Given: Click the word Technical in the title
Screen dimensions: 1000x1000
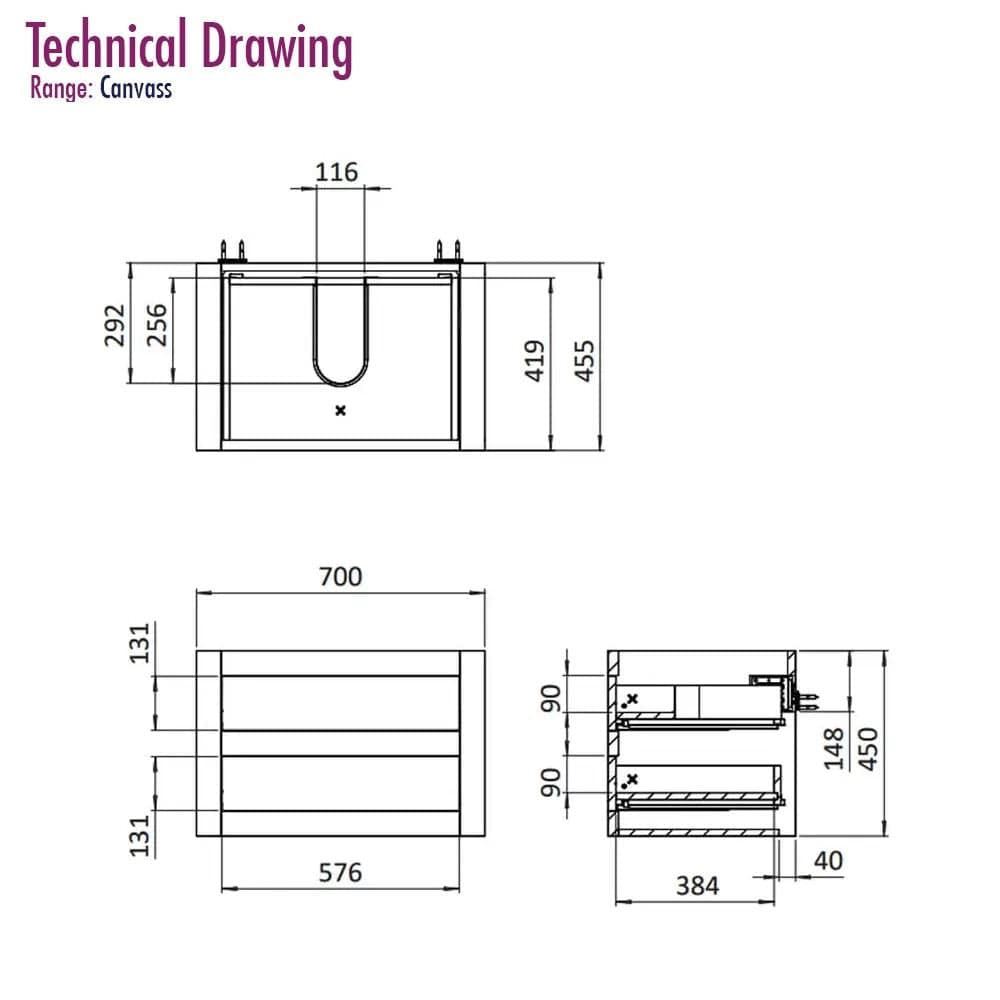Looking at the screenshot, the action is coord(107,45).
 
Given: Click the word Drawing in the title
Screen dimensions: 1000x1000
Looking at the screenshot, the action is coord(277,48).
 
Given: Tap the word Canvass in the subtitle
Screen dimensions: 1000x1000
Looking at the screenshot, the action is coord(136,89).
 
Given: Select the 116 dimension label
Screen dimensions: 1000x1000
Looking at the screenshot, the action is coord(337,172).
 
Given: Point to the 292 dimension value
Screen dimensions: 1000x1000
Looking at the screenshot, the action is coord(115,325).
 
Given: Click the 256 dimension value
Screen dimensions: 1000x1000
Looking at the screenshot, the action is coord(157,325).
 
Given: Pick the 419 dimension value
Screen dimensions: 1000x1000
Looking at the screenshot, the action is coord(535,361).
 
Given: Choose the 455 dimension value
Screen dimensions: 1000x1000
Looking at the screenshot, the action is coord(585,361).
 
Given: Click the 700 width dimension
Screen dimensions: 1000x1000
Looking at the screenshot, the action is coord(341,577).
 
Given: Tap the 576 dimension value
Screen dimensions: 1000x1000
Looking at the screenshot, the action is coord(341,872).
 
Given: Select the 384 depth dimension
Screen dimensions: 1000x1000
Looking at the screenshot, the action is coord(698,886).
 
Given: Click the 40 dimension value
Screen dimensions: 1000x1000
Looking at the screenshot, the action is coord(828,861).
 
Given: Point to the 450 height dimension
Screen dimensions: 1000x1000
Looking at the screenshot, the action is coord(869,749).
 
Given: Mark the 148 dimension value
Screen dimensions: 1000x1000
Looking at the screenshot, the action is coord(834,749).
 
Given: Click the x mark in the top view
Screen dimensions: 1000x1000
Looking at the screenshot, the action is coord(341,411).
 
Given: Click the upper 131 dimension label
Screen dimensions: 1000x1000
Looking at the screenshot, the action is coord(140,643).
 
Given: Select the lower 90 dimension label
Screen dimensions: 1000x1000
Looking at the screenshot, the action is coord(551,783).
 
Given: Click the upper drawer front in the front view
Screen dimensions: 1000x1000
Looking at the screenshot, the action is coord(341,703).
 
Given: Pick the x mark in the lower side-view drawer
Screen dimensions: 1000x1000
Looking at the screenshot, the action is coord(633,779).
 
